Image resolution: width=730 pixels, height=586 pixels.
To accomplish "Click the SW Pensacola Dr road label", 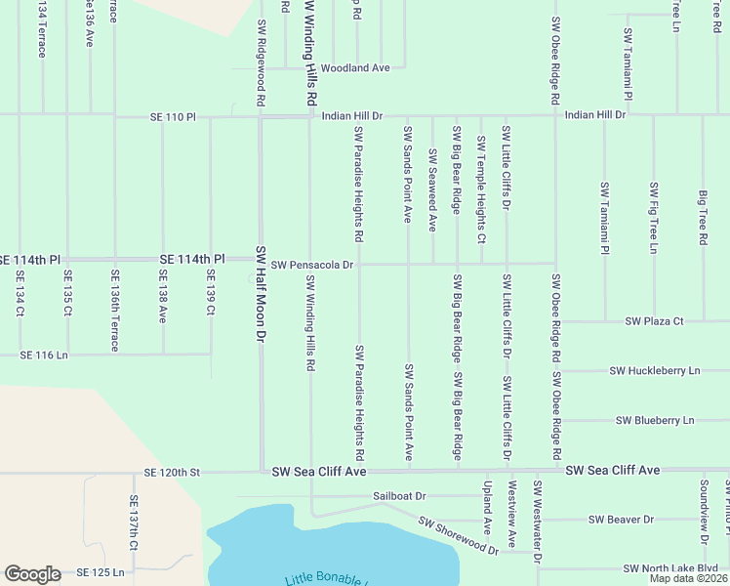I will [312, 264].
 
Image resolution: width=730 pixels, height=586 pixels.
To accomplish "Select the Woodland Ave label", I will [355, 68].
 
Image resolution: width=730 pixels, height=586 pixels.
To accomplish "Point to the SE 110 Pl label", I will [173, 117].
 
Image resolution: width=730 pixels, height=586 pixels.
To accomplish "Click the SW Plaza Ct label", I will [655, 320].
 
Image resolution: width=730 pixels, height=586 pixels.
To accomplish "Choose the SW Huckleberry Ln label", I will [655, 371].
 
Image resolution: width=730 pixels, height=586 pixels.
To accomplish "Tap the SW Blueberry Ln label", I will [655, 420].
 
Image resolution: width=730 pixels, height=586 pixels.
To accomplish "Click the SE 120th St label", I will [171, 473].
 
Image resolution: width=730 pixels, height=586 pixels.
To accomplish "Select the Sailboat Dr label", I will [400, 496].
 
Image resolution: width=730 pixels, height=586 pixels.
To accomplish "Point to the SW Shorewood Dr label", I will [459, 536].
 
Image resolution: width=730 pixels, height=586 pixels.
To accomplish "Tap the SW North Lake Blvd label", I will [671, 568].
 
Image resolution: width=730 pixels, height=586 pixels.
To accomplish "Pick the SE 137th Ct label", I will [135, 525].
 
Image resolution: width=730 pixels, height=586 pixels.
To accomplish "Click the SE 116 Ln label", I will [46, 356].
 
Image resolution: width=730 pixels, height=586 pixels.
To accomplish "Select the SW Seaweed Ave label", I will [432, 189].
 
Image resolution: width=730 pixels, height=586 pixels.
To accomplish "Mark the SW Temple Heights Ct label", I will [481, 189].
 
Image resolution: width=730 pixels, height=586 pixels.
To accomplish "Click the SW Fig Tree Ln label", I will [654, 219].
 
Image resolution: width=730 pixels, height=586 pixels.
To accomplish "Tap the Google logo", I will [31, 574].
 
